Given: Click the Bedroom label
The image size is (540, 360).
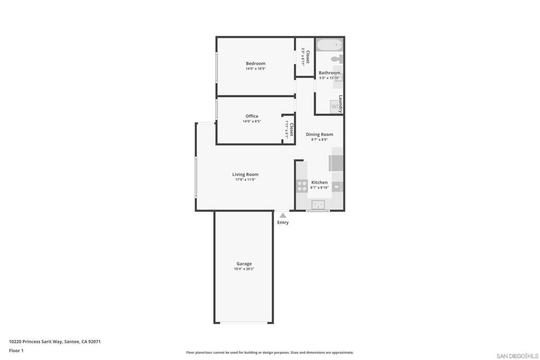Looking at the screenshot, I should [x=255, y=63].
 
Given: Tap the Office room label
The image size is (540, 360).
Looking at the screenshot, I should [x=252, y=116].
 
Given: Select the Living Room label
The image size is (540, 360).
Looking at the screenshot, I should [x=245, y=174].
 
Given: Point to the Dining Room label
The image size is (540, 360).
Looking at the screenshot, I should [x=319, y=134].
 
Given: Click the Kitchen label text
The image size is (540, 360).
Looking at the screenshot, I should [x=319, y=182].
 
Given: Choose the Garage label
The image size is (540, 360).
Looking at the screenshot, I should [x=244, y=264].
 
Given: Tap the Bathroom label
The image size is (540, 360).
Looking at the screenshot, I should [x=329, y=73].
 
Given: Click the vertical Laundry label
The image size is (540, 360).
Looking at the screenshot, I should [x=341, y=104].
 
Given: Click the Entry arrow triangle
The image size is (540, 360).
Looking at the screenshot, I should [x=283, y=215].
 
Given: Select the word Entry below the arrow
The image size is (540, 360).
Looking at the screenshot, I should [x=283, y=222].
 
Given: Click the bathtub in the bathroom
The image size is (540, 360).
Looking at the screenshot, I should [x=330, y=45].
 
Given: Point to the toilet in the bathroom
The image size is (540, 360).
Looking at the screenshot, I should [x=336, y=59].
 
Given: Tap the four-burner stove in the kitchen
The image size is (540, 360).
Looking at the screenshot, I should [x=302, y=186].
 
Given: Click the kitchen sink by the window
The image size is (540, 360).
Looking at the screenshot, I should [x=318, y=204].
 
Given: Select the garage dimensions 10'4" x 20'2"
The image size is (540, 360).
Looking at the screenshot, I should [x=244, y=269].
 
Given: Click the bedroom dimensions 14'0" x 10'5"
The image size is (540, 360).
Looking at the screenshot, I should [x=255, y=69].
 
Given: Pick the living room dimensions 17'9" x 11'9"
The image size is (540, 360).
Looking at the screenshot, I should [x=245, y=180].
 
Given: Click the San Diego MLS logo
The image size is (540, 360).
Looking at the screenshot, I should [x=517, y=356].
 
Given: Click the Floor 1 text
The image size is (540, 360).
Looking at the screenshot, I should [x=16, y=351].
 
